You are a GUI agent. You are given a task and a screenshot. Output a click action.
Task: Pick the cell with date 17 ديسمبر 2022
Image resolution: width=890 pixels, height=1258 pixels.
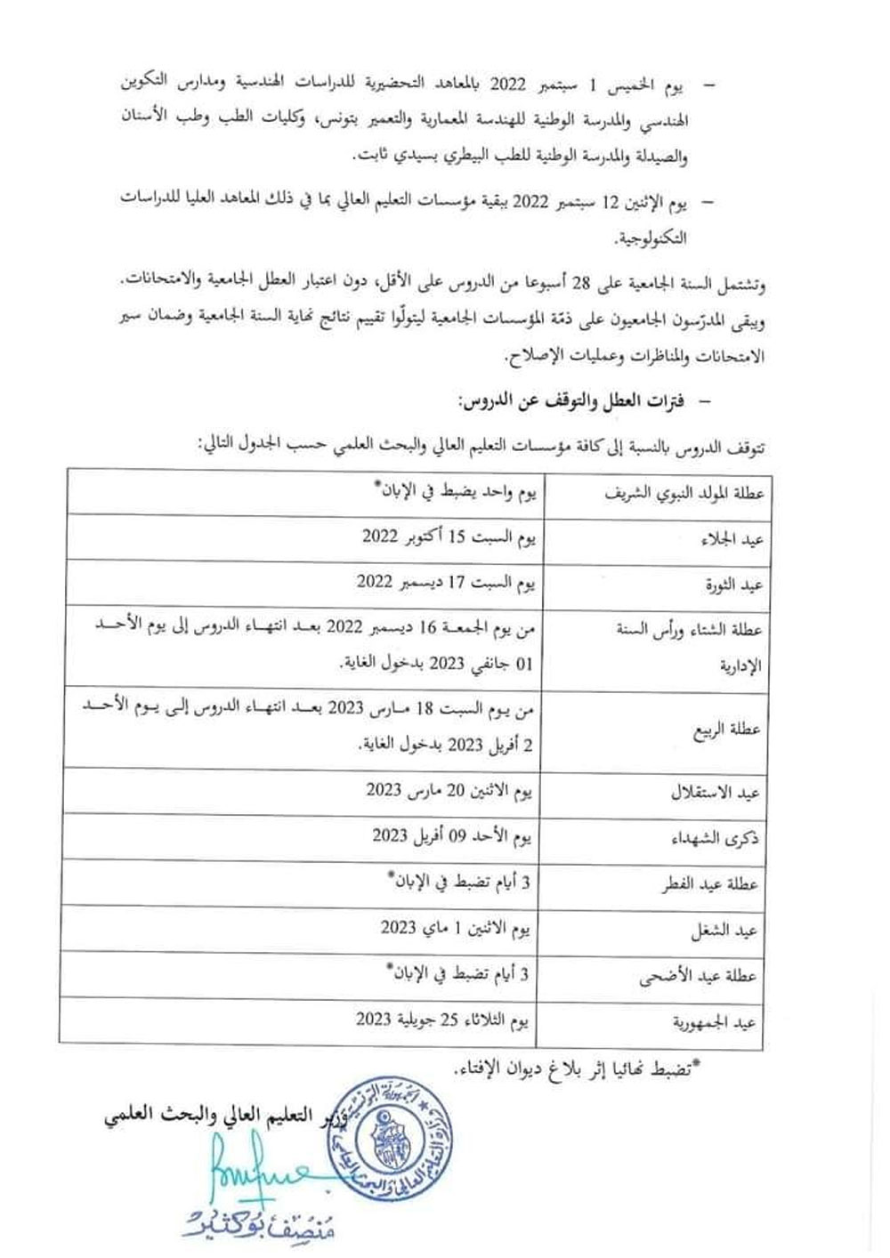tap(446, 583)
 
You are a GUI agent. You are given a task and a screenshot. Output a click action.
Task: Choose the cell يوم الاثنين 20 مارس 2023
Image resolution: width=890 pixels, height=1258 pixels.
tap(449, 790)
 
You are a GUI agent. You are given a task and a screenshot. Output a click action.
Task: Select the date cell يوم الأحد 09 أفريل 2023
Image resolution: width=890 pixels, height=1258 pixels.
tap(452, 836)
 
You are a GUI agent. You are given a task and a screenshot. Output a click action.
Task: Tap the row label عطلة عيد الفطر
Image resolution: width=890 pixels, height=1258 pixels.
tap(709, 884)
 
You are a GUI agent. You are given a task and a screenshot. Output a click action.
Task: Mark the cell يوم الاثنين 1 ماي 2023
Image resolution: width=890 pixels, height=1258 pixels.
tap(457, 928)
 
